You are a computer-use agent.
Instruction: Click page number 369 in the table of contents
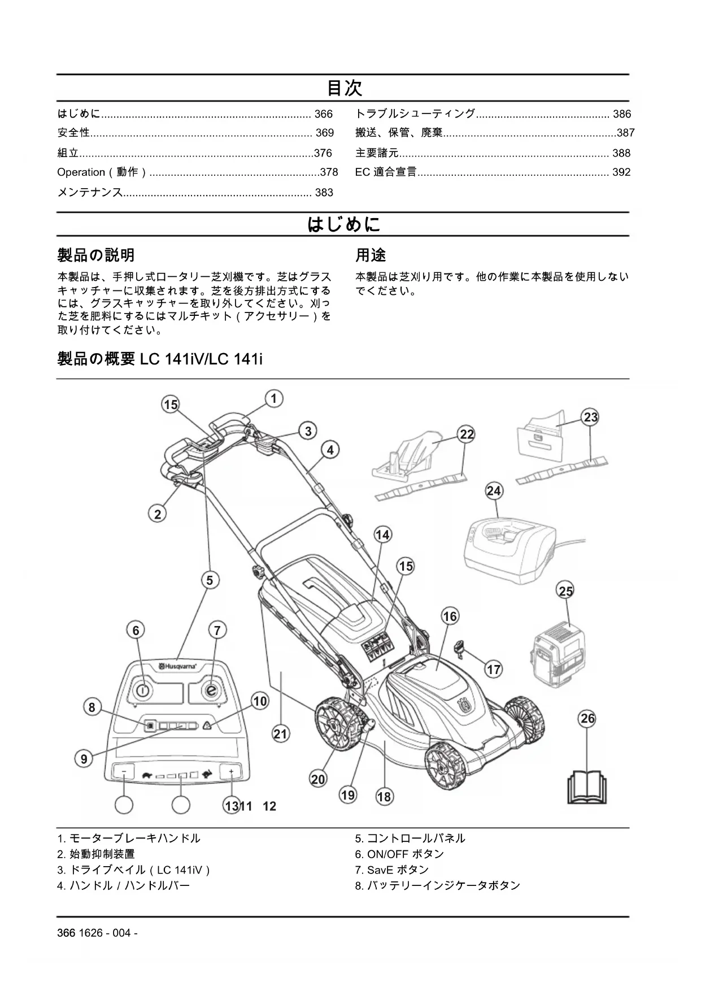pos(325,133)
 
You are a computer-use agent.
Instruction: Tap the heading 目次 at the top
pos(344,88)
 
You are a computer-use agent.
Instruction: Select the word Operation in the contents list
pos(81,172)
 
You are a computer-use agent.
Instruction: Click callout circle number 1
pos(274,399)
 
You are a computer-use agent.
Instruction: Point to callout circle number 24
pos(494,490)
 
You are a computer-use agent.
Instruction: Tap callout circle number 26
pos(588,718)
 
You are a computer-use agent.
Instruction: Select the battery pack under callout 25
pos(558,655)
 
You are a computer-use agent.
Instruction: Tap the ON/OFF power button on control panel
pos(142,690)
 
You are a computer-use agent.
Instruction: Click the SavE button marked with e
pos(211,690)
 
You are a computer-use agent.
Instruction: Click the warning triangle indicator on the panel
pos(207,726)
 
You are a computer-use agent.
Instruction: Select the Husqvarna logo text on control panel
pos(177,667)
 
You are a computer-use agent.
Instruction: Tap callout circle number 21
pos(281,734)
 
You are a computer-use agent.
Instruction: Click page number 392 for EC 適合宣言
pos(621,172)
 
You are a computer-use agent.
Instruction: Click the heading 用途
pos(371,255)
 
